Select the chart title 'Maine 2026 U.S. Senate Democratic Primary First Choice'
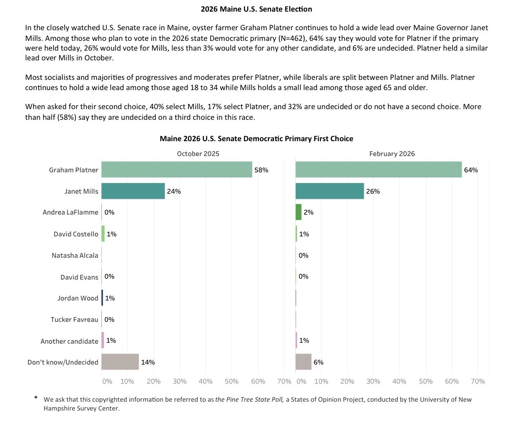coord(256,138)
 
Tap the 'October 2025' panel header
coord(198,154)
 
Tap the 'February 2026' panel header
coord(392,154)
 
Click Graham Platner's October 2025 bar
coord(177,170)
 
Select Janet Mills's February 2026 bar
coord(330,191)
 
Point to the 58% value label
coord(261,170)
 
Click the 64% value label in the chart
coord(471,170)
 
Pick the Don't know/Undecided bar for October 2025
coord(120,362)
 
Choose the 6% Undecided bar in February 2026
coord(303,362)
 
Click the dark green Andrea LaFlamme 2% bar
coord(299,212)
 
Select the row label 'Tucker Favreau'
coord(74,320)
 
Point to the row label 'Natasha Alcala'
coord(75,255)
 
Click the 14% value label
coord(148,362)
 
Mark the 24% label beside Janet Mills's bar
coord(174,191)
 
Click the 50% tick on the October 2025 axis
coord(232,381)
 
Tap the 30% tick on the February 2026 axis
coord(373,381)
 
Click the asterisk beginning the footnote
coord(36,398)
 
